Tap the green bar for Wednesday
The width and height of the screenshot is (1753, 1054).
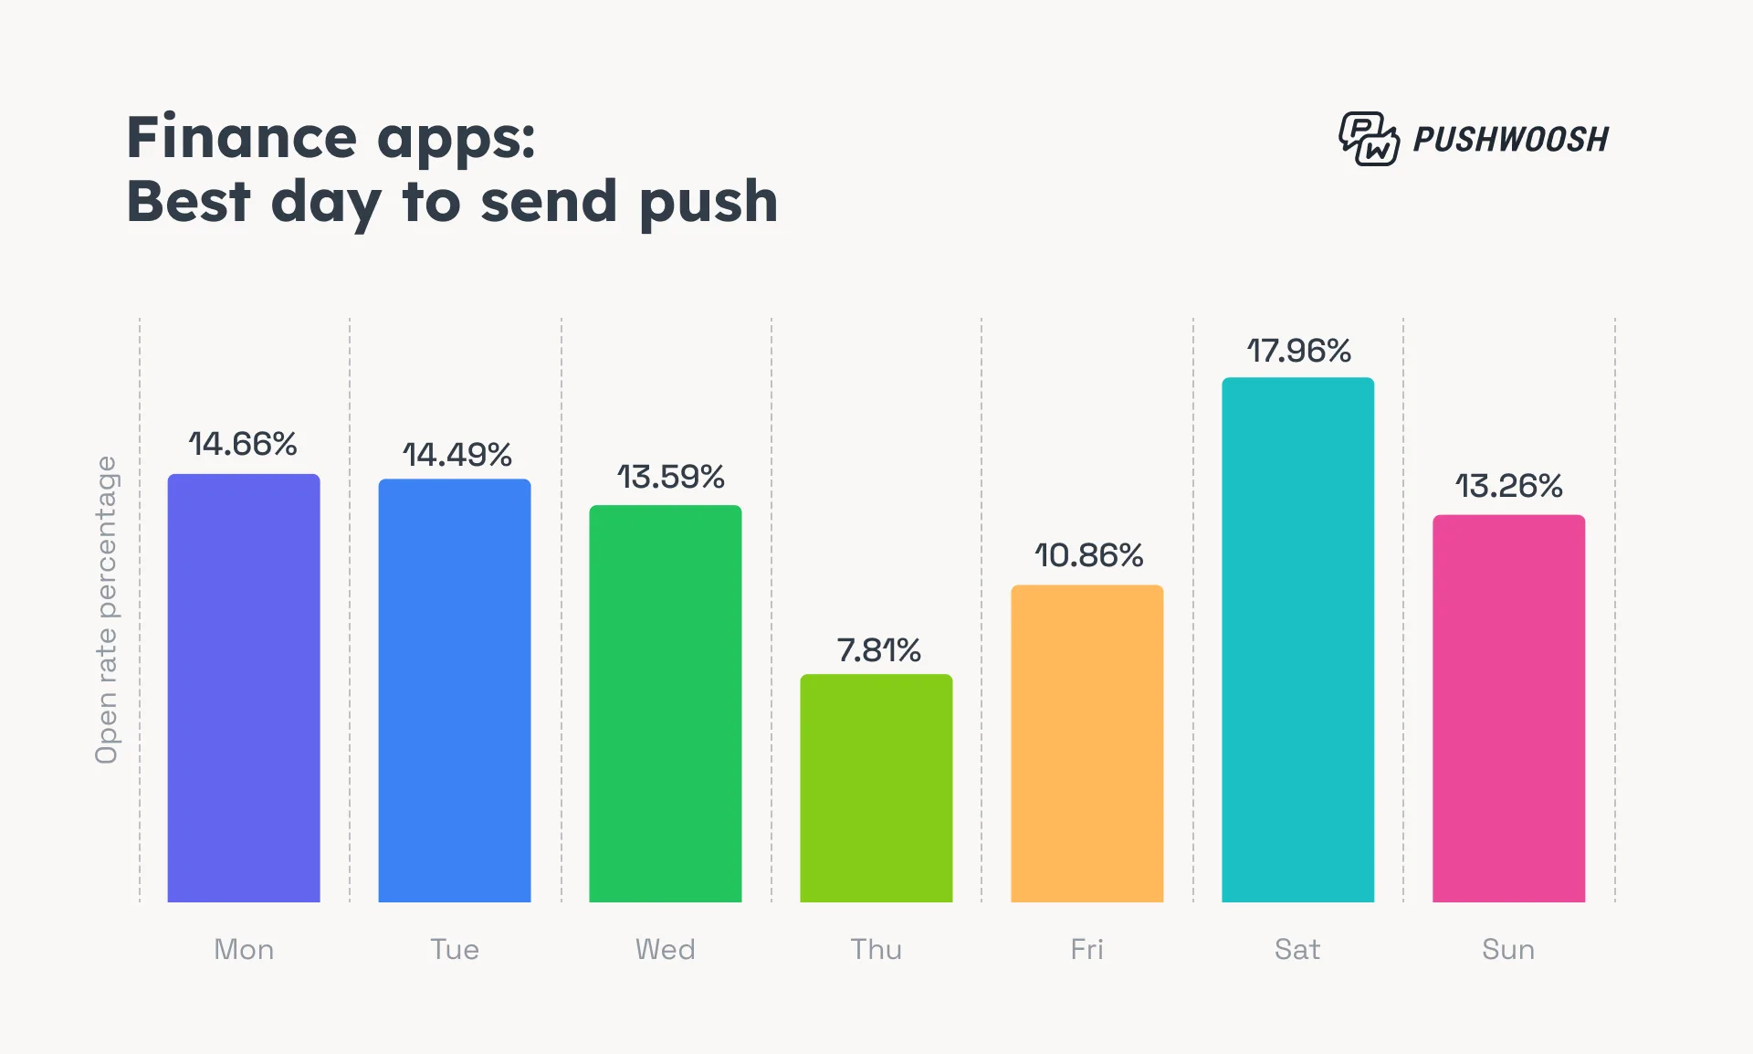point(666,703)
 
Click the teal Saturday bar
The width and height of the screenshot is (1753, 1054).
point(1297,639)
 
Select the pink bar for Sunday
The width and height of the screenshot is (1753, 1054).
point(1508,709)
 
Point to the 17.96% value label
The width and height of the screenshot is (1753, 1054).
point(1298,351)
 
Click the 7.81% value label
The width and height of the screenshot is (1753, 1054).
point(878,650)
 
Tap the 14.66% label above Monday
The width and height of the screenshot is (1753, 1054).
point(243,444)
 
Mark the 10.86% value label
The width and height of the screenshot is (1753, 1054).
point(1088,555)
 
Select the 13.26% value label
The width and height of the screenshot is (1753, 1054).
point(1508,486)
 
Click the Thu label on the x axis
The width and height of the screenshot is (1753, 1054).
point(876,950)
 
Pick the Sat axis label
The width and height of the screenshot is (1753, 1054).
point(1297,950)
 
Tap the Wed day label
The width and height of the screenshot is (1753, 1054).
point(666,950)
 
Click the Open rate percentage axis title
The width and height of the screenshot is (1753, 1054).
point(107,609)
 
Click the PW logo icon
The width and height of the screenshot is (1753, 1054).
point(1368,139)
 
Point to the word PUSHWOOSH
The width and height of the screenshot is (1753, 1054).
point(1510,140)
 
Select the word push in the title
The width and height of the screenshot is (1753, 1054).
point(709,203)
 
